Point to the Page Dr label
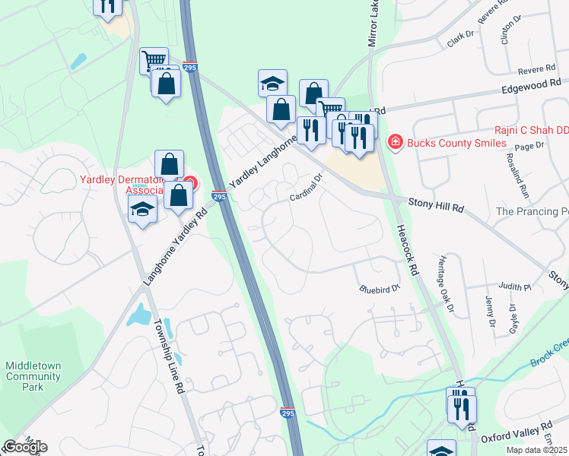[x=530, y=145]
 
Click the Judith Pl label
[x=513, y=287]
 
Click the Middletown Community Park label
[x=33, y=376]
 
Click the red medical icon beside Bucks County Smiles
[x=395, y=141]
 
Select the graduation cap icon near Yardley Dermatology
[x=142, y=211]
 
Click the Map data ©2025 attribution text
[x=536, y=450]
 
